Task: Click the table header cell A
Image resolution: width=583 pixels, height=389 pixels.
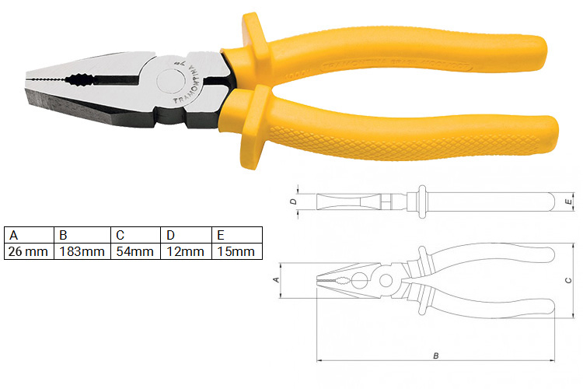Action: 29,235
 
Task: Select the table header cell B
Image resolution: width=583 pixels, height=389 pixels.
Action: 80,235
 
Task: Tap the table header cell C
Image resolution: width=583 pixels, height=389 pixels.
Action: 133,235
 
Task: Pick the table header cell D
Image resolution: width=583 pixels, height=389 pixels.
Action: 185,235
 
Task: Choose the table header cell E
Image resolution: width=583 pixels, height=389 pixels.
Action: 236,235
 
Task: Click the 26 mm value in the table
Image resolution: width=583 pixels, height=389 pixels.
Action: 29,251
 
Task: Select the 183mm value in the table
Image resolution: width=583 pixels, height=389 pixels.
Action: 80,251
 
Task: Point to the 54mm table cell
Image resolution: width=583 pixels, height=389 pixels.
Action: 133,251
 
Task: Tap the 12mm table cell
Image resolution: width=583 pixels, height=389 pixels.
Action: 185,251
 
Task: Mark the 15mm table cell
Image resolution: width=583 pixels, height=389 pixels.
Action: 236,251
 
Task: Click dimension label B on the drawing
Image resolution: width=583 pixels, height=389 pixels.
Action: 436,356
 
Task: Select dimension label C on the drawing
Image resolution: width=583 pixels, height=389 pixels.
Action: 568,280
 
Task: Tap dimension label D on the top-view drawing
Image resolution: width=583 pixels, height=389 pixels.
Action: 291,202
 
